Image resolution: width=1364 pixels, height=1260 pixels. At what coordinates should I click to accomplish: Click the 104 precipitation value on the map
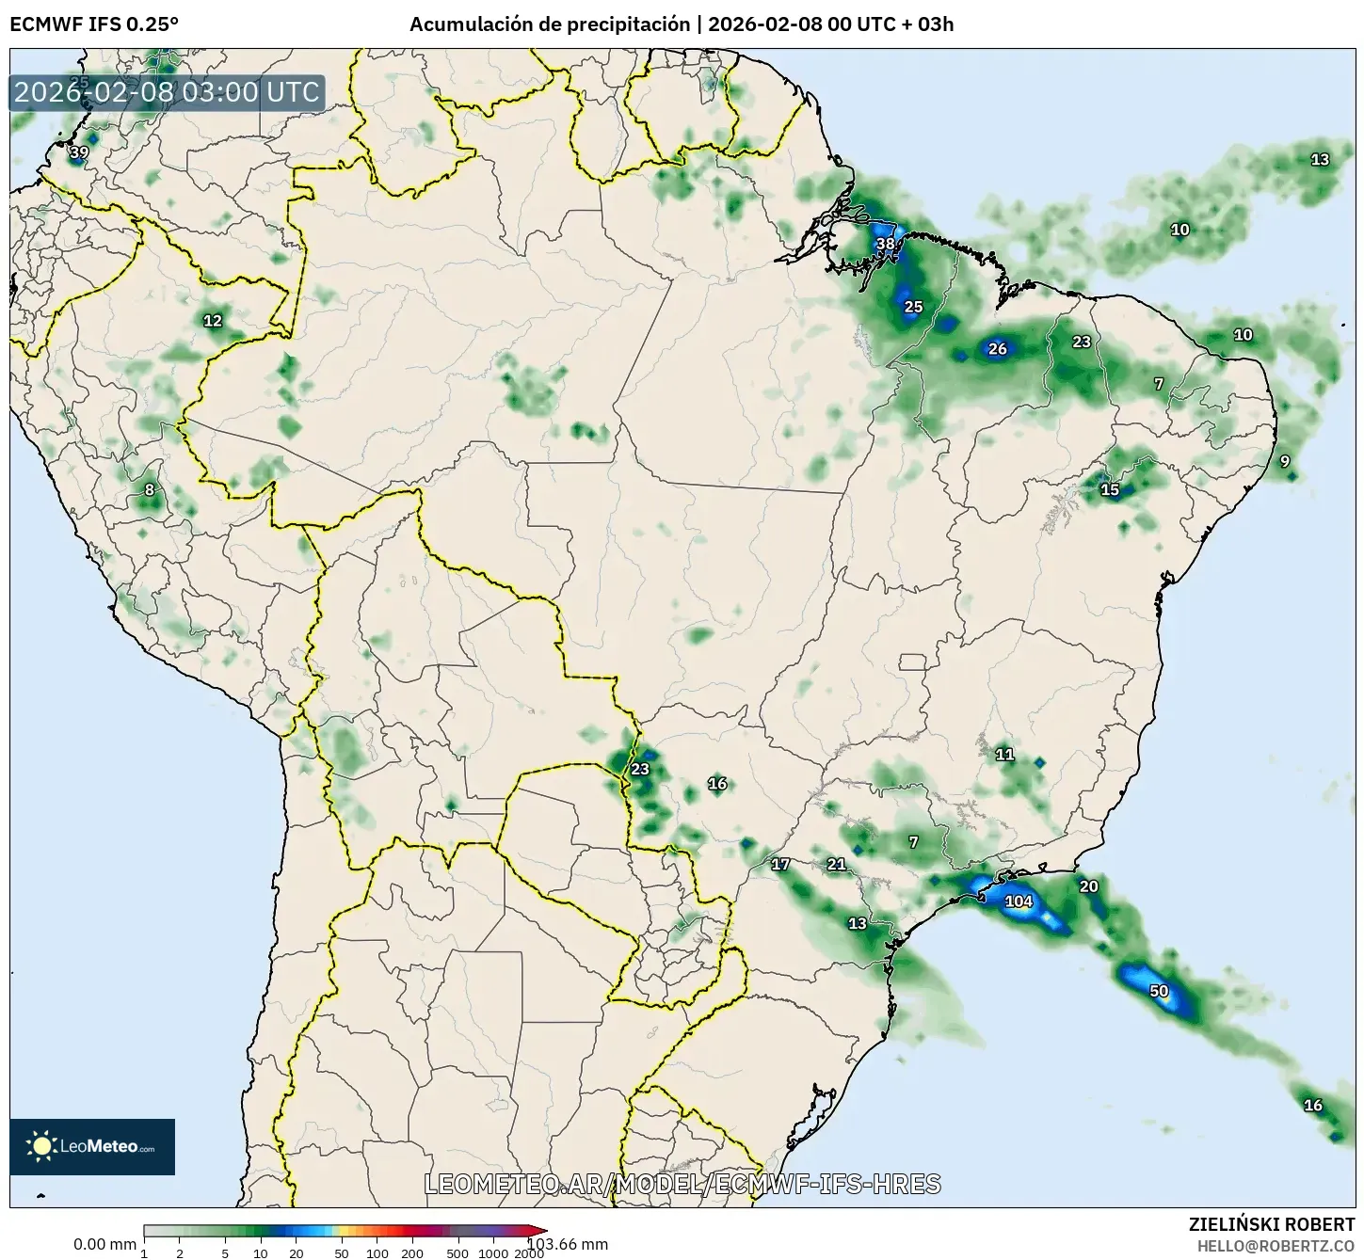pyautogui.click(x=1019, y=901)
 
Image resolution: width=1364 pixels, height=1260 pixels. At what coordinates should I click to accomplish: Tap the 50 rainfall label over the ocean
pyautogui.click(x=1159, y=992)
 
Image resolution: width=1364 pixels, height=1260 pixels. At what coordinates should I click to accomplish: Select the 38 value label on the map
pyautogui.click(x=886, y=245)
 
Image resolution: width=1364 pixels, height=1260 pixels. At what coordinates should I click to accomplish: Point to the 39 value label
pyautogui.click(x=80, y=152)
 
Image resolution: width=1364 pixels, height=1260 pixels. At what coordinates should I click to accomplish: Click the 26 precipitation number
pyautogui.click(x=998, y=349)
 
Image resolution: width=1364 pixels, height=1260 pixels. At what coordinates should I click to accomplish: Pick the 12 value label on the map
pyautogui.click(x=213, y=321)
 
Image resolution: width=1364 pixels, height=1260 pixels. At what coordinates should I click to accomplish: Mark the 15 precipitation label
pyautogui.click(x=1110, y=490)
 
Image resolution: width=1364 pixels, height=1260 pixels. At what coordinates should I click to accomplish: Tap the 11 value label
pyautogui.click(x=1004, y=755)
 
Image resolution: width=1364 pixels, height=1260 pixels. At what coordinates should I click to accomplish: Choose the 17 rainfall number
pyautogui.click(x=780, y=865)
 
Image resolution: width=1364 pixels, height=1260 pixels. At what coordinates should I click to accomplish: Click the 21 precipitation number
pyautogui.click(x=836, y=865)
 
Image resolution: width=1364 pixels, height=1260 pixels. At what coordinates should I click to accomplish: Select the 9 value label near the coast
pyautogui.click(x=1285, y=462)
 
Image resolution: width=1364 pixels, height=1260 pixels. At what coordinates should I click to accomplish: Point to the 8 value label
pyautogui.click(x=149, y=490)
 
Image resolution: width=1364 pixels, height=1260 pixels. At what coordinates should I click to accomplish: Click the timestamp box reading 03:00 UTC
pyautogui.click(x=168, y=92)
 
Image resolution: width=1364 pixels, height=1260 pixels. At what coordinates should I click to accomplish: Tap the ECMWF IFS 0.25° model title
pyautogui.click(x=94, y=24)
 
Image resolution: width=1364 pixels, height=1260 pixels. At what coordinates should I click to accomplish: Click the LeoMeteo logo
pyautogui.click(x=92, y=1146)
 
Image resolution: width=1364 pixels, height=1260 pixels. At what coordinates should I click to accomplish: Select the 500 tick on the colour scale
pyautogui.click(x=458, y=1253)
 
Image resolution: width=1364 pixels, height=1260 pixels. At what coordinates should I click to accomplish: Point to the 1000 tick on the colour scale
pyautogui.click(x=493, y=1253)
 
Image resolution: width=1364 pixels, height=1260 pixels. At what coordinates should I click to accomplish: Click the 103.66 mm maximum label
pyautogui.click(x=568, y=1244)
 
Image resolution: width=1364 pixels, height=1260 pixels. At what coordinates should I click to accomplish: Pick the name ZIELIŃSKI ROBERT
pyautogui.click(x=1271, y=1224)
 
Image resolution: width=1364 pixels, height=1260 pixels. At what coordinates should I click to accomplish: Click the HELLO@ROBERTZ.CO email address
pyautogui.click(x=1276, y=1246)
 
